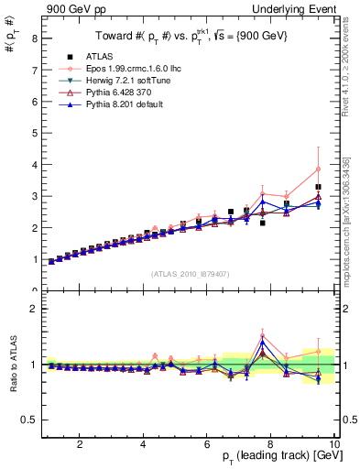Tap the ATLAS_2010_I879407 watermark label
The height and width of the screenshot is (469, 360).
[190, 273]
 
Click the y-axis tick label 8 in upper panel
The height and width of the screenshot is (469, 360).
[33, 38]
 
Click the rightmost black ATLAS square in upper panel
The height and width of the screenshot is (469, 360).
[318, 187]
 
